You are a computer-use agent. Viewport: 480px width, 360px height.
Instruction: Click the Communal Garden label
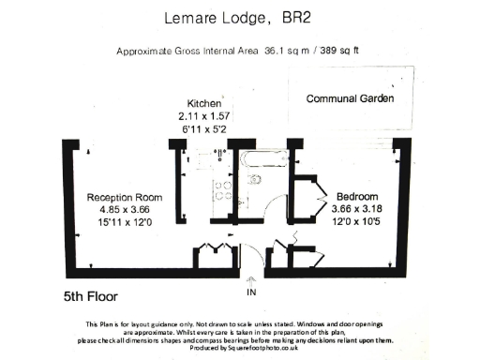[x=348, y=98]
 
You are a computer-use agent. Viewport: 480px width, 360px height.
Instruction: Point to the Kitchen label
[x=203, y=103]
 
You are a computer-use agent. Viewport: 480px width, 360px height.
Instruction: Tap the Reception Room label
[x=125, y=198]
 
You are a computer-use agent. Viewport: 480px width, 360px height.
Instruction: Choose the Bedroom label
[x=358, y=186]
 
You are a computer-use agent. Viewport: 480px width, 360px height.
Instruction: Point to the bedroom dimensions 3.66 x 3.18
[x=358, y=198]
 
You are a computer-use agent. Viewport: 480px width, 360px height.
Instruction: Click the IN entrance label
[x=250, y=292]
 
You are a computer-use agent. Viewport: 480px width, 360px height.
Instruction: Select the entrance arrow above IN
[x=250, y=278]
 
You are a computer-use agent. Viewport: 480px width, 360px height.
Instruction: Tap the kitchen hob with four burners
[x=223, y=191]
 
